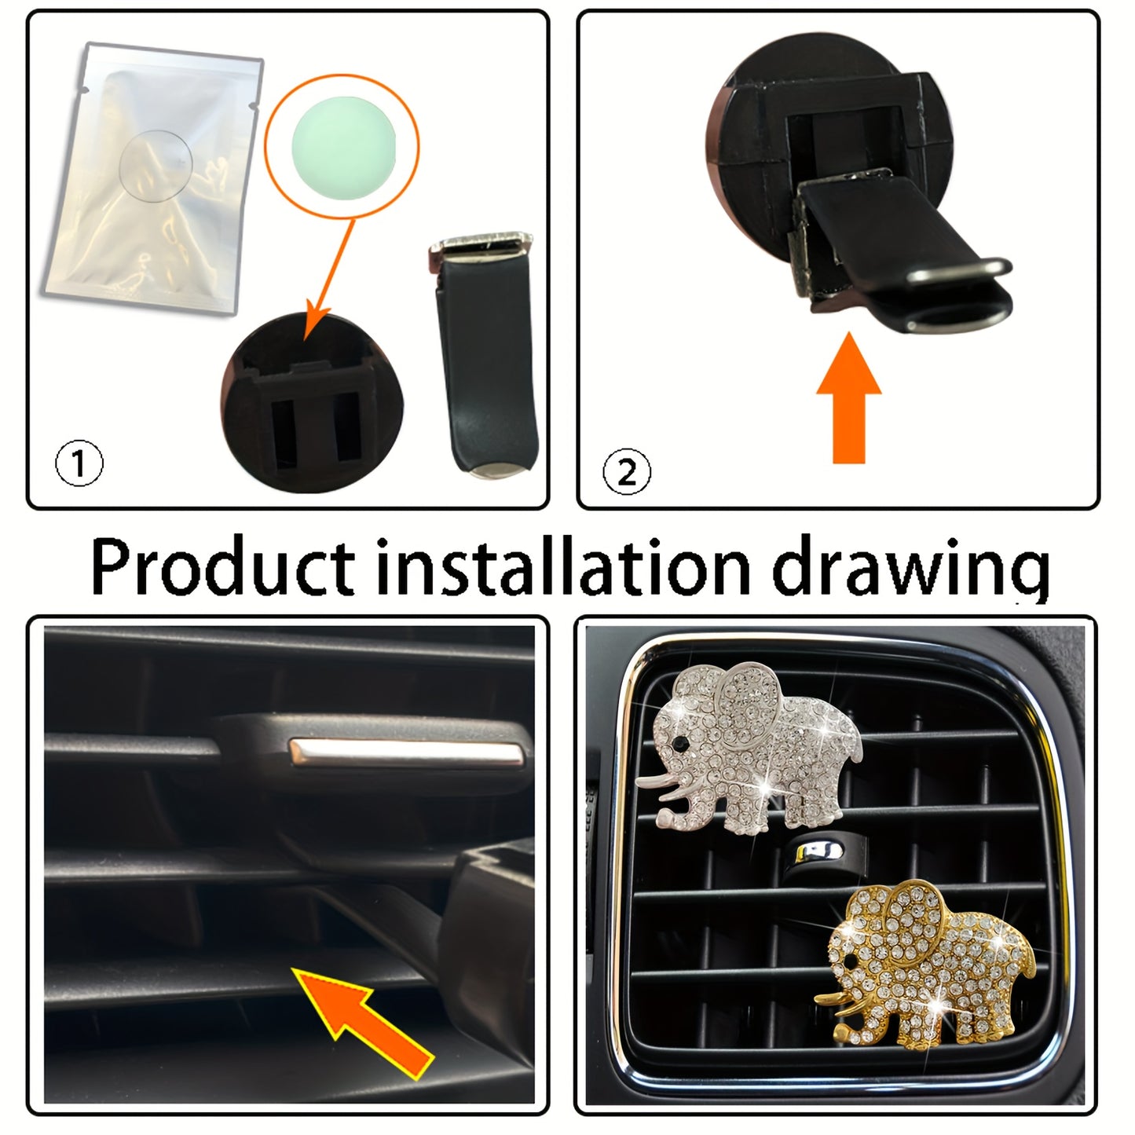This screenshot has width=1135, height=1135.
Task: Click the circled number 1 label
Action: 79,464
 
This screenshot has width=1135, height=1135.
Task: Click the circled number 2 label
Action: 627,472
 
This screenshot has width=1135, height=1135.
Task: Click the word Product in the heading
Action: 222,567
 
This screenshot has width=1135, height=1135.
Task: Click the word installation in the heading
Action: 563,567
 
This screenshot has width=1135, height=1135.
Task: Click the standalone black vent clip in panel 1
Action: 481,353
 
